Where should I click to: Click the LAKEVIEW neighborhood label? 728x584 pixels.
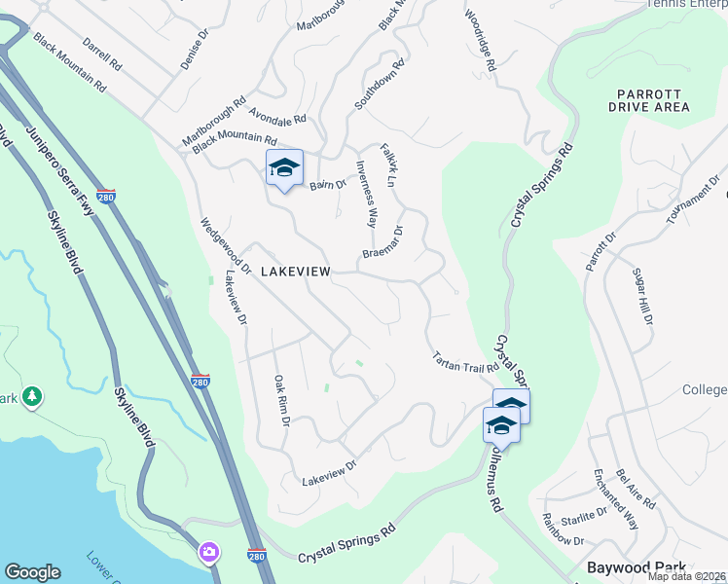tap(296, 273)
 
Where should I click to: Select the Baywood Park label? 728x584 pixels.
tap(637, 566)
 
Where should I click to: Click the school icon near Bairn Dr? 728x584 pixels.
tap(284, 168)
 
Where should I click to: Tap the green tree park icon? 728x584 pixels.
tap(33, 396)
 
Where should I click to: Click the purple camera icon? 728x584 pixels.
tap(208, 553)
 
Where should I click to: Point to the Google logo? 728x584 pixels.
tap(32, 572)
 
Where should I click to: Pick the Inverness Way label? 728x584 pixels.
tap(366, 193)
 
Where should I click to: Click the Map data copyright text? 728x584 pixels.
tap(687, 576)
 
